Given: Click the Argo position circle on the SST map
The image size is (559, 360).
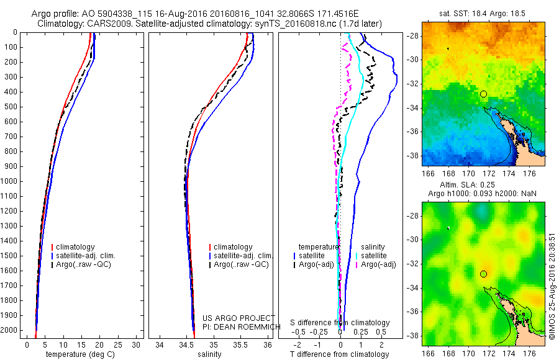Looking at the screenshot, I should coord(483,94).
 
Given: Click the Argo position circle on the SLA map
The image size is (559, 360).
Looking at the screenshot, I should coord(483,274).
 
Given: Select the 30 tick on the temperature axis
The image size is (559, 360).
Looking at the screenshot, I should coord(137,344).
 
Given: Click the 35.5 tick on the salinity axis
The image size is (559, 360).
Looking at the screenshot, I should coord(241,344).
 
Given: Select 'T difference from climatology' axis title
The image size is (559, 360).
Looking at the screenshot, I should coord(341,354).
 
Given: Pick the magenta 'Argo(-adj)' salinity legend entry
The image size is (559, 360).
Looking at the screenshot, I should coord(378,264).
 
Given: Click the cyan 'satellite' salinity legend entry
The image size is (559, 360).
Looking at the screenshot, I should coord(375,255).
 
